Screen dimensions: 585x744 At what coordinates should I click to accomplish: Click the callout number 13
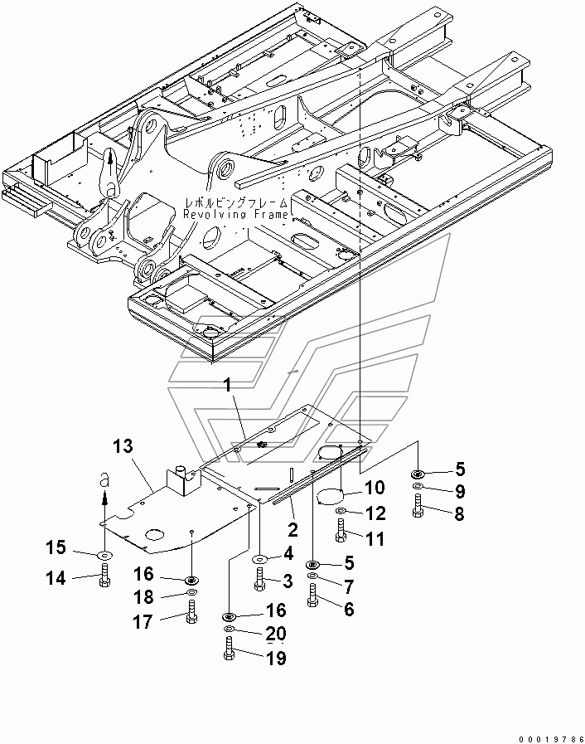pos(123,446)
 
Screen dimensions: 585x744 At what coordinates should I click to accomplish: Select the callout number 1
pos(229,386)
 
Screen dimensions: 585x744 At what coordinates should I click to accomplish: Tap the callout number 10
pos(375,488)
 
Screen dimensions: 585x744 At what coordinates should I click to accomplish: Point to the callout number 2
pos(293,529)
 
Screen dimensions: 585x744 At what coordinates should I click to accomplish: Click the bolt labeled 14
pos(104,575)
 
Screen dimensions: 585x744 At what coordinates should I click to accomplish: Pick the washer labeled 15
pos(104,554)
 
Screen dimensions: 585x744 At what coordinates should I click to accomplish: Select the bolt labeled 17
pos(191,610)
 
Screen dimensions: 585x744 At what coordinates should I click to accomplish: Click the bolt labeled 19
pos(228,649)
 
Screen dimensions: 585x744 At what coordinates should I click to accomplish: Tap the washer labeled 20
pos(228,629)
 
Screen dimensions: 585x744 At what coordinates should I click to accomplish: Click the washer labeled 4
pos(259,559)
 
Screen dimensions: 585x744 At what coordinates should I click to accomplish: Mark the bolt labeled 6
pos(312,595)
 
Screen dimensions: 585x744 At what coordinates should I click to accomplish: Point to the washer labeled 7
pos(312,576)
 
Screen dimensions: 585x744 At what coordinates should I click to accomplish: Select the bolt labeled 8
pos(418,506)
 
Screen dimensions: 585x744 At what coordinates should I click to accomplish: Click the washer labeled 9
pos(418,486)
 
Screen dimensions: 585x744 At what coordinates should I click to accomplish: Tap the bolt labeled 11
pos(340,531)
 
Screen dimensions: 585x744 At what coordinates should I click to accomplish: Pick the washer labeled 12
pos(340,511)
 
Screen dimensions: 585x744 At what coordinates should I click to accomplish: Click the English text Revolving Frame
pos(235,215)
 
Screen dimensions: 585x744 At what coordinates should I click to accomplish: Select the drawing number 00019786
pos(550,739)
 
